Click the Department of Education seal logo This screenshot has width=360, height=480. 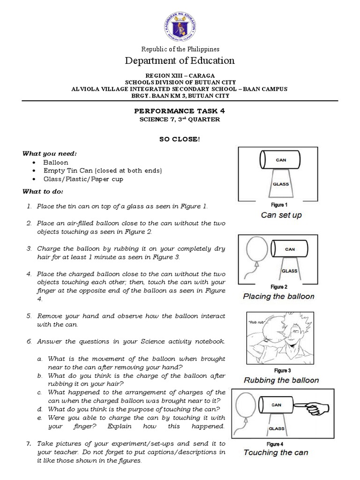pos(180,26)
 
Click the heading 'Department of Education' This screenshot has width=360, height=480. pos(180,60)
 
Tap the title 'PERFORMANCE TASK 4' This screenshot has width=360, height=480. pos(180,111)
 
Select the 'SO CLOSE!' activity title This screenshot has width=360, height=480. pos(180,140)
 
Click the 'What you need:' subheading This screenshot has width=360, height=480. pos(44,153)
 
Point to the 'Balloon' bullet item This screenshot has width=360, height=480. pos(56,162)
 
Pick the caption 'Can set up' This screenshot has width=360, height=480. pos(281,215)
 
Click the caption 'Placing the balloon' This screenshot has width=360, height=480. pos(278,296)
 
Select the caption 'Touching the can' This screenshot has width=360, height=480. pos(276,452)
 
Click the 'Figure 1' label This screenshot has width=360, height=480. pos(279,205)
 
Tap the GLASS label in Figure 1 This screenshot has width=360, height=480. pos(280,185)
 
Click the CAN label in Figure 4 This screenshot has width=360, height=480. pos(276,405)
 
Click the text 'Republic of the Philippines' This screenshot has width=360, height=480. pos(180,49)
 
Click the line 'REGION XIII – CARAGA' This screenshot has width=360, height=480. pos(180,75)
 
